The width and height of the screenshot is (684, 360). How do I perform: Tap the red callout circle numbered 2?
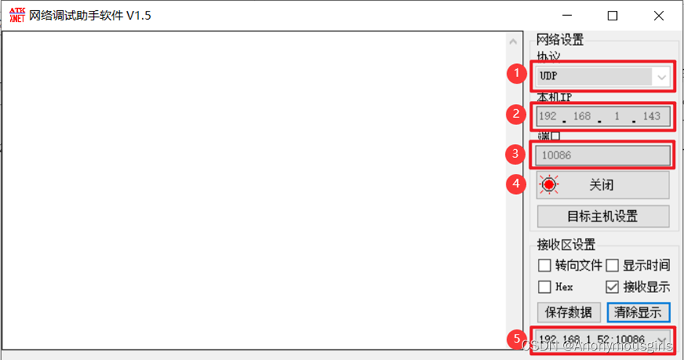click(517, 113)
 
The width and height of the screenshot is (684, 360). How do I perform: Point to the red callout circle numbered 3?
click(516, 153)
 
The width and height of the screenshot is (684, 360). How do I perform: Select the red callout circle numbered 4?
click(516, 184)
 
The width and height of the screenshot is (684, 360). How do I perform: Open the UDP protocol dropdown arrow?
click(661, 76)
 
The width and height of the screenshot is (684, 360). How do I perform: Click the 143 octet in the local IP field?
click(651, 116)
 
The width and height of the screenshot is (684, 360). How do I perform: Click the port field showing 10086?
click(602, 155)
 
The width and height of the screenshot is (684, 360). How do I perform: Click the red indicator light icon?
click(549, 185)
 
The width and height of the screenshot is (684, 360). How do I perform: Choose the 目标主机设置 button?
click(602, 216)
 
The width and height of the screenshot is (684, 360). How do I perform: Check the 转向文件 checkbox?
click(544, 265)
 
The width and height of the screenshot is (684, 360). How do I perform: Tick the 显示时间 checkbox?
click(612, 265)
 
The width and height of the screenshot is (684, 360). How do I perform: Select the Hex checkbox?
click(544, 287)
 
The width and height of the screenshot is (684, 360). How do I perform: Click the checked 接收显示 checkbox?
click(612, 287)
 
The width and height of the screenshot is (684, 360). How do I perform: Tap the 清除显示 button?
click(638, 312)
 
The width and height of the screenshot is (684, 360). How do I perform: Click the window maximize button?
click(613, 16)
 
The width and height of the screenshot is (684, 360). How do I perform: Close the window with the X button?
click(659, 16)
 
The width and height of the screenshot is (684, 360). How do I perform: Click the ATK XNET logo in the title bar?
click(16, 15)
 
